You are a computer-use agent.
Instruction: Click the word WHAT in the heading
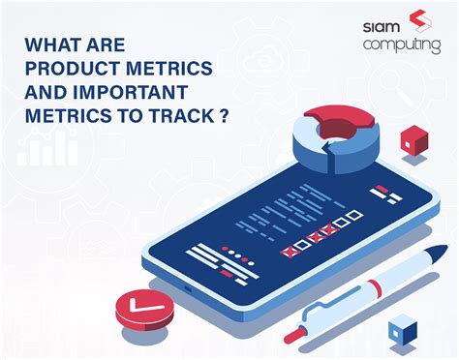tap(54, 45)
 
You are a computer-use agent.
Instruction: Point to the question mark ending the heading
tap(225, 112)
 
